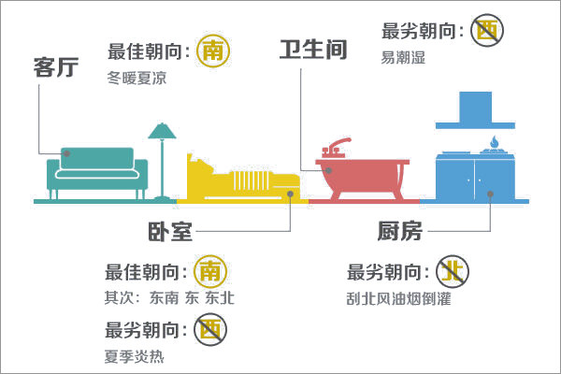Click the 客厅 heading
click(56, 67)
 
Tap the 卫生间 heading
click(313, 50)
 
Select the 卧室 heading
click(170, 232)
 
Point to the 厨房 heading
click(399, 231)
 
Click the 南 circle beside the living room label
click(213, 50)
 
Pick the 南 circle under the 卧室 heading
click(210, 272)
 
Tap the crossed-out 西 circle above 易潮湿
click(486, 30)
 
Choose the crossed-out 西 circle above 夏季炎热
click(210, 329)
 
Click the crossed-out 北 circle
click(453, 271)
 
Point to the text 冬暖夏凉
click(137, 78)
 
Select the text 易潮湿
click(403, 57)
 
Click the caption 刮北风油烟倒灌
click(399, 298)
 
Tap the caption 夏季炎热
click(134, 356)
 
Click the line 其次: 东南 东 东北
click(169, 297)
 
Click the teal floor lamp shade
click(162, 131)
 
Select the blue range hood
click(476, 110)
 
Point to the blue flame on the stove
click(494, 142)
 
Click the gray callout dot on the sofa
click(67, 153)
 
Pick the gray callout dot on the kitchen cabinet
click(490, 194)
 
